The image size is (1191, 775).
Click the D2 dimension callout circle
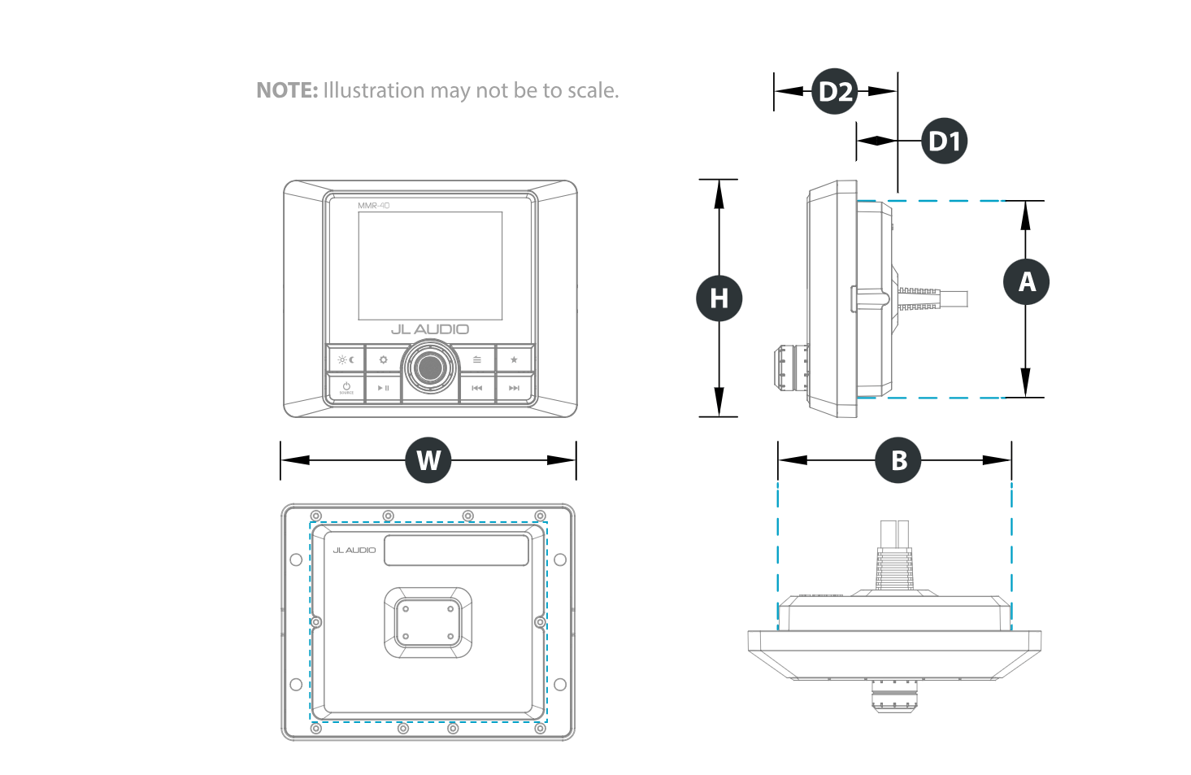(835, 91)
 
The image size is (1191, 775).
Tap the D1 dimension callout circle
(945, 142)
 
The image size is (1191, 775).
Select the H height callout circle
(719, 298)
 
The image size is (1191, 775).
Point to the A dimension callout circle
(1027, 282)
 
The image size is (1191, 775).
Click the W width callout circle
(428, 460)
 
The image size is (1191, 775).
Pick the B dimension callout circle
(898, 460)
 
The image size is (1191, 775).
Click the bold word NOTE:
(287, 90)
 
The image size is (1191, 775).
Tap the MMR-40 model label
(374, 206)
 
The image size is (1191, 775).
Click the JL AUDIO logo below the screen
(430, 329)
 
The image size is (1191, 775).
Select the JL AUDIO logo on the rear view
(354, 551)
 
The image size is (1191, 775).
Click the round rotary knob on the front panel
(430, 368)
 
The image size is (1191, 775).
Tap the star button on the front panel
(514, 359)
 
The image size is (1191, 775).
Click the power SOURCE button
(346, 388)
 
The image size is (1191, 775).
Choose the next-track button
(514, 388)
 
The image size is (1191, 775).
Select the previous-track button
(477, 388)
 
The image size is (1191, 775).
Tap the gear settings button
(383, 359)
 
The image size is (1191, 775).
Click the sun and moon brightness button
(346, 359)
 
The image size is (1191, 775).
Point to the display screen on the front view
(430, 266)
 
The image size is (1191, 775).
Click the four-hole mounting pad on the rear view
(428, 622)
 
